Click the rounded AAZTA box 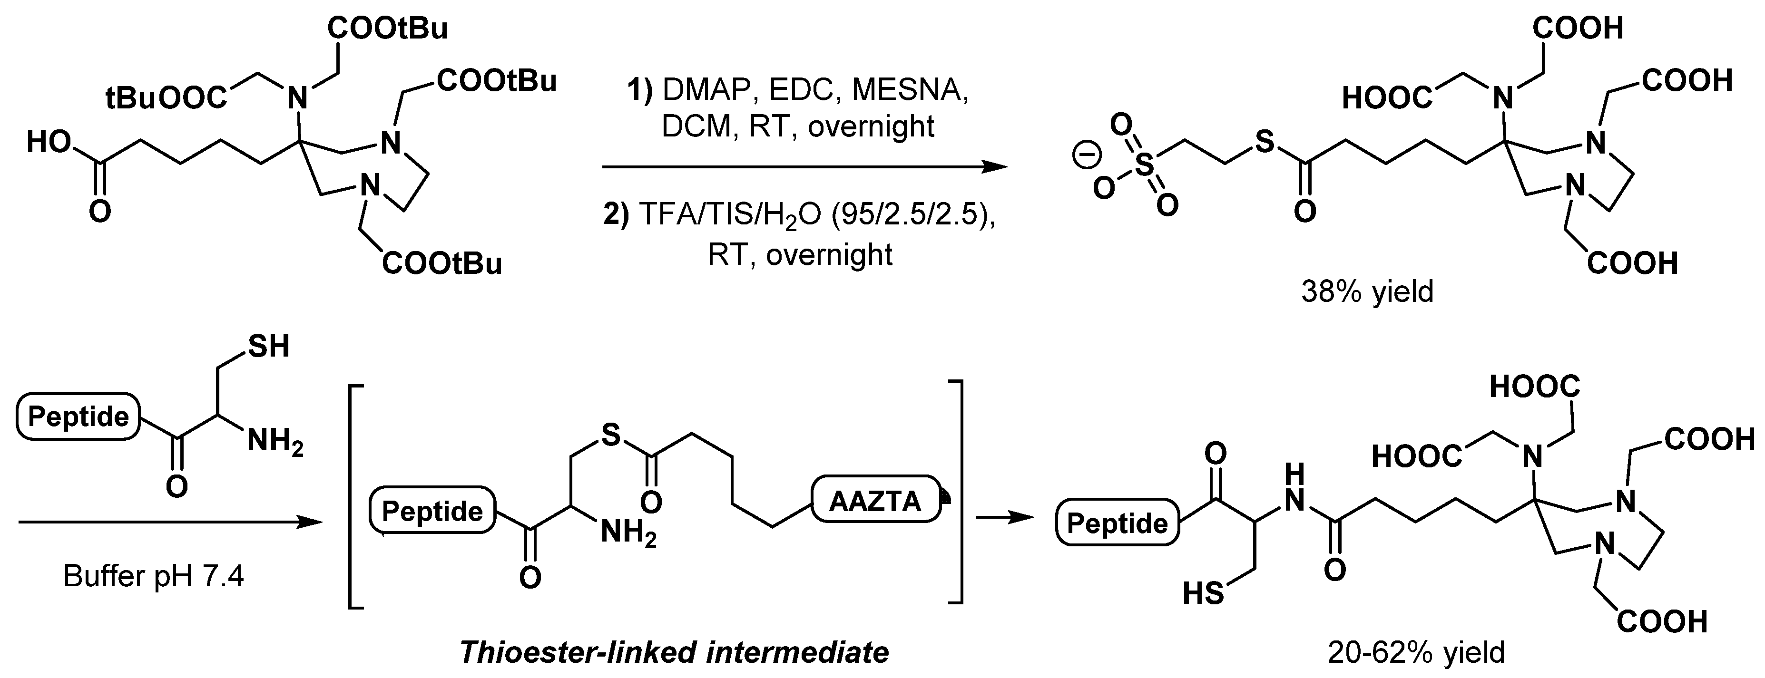[x=876, y=501]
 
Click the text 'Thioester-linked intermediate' [x=674, y=652]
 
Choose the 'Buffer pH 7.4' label [x=154, y=576]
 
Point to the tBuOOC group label [x=166, y=99]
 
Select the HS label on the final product [x=1203, y=593]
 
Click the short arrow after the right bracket [x=1004, y=518]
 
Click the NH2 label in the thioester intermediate [x=628, y=533]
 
